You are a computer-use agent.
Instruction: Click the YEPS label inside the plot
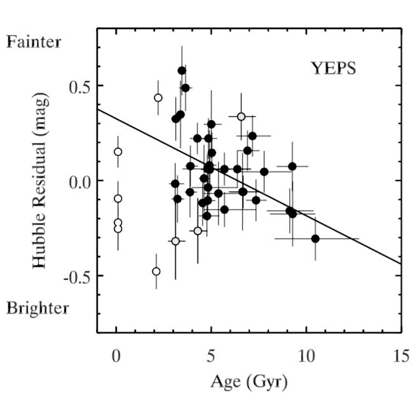tap(333, 68)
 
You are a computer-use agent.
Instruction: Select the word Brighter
tap(37, 309)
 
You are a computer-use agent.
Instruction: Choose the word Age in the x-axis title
tap(223, 382)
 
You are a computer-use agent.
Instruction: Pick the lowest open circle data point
tap(156, 271)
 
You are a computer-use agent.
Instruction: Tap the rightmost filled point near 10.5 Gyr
tap(315, 238)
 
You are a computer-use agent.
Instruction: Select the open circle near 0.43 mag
tap(158, 98)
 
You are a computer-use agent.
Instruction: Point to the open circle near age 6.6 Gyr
tap(241, 116)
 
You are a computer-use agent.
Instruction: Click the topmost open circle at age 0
tap(118, 152)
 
